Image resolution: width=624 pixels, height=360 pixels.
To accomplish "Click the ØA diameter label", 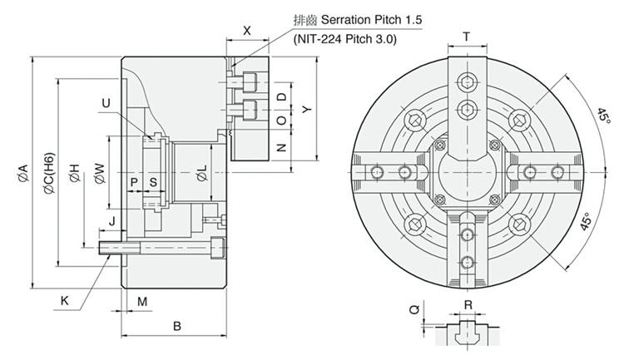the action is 23,173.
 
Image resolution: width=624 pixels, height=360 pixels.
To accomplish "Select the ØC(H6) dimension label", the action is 49,173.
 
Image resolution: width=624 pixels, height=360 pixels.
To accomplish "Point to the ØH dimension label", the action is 74,173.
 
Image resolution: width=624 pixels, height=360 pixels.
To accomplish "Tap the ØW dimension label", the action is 100,174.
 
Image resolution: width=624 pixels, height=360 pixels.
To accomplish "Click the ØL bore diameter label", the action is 202,173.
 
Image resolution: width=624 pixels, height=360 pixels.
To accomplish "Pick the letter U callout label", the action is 106,103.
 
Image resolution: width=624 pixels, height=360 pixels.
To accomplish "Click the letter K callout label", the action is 64,301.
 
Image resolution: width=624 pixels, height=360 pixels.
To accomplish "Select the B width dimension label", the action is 177,326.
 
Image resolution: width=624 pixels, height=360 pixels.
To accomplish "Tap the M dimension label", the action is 142,302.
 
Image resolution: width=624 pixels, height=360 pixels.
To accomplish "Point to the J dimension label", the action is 111,221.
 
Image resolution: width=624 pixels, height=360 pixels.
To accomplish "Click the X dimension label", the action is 247,30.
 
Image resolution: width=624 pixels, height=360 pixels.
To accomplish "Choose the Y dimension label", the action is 306,109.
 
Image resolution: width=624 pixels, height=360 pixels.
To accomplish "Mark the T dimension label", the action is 467,37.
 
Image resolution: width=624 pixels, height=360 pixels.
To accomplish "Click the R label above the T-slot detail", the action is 468,305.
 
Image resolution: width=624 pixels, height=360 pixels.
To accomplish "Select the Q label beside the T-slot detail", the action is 414,309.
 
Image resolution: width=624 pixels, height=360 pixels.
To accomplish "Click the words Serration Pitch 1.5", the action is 371,19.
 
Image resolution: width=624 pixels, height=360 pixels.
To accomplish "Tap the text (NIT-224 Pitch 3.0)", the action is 345,39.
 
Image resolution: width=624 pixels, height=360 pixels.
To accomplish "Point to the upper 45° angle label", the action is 603,116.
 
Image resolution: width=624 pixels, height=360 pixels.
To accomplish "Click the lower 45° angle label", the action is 585,221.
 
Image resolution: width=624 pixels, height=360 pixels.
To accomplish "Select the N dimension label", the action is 281,148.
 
